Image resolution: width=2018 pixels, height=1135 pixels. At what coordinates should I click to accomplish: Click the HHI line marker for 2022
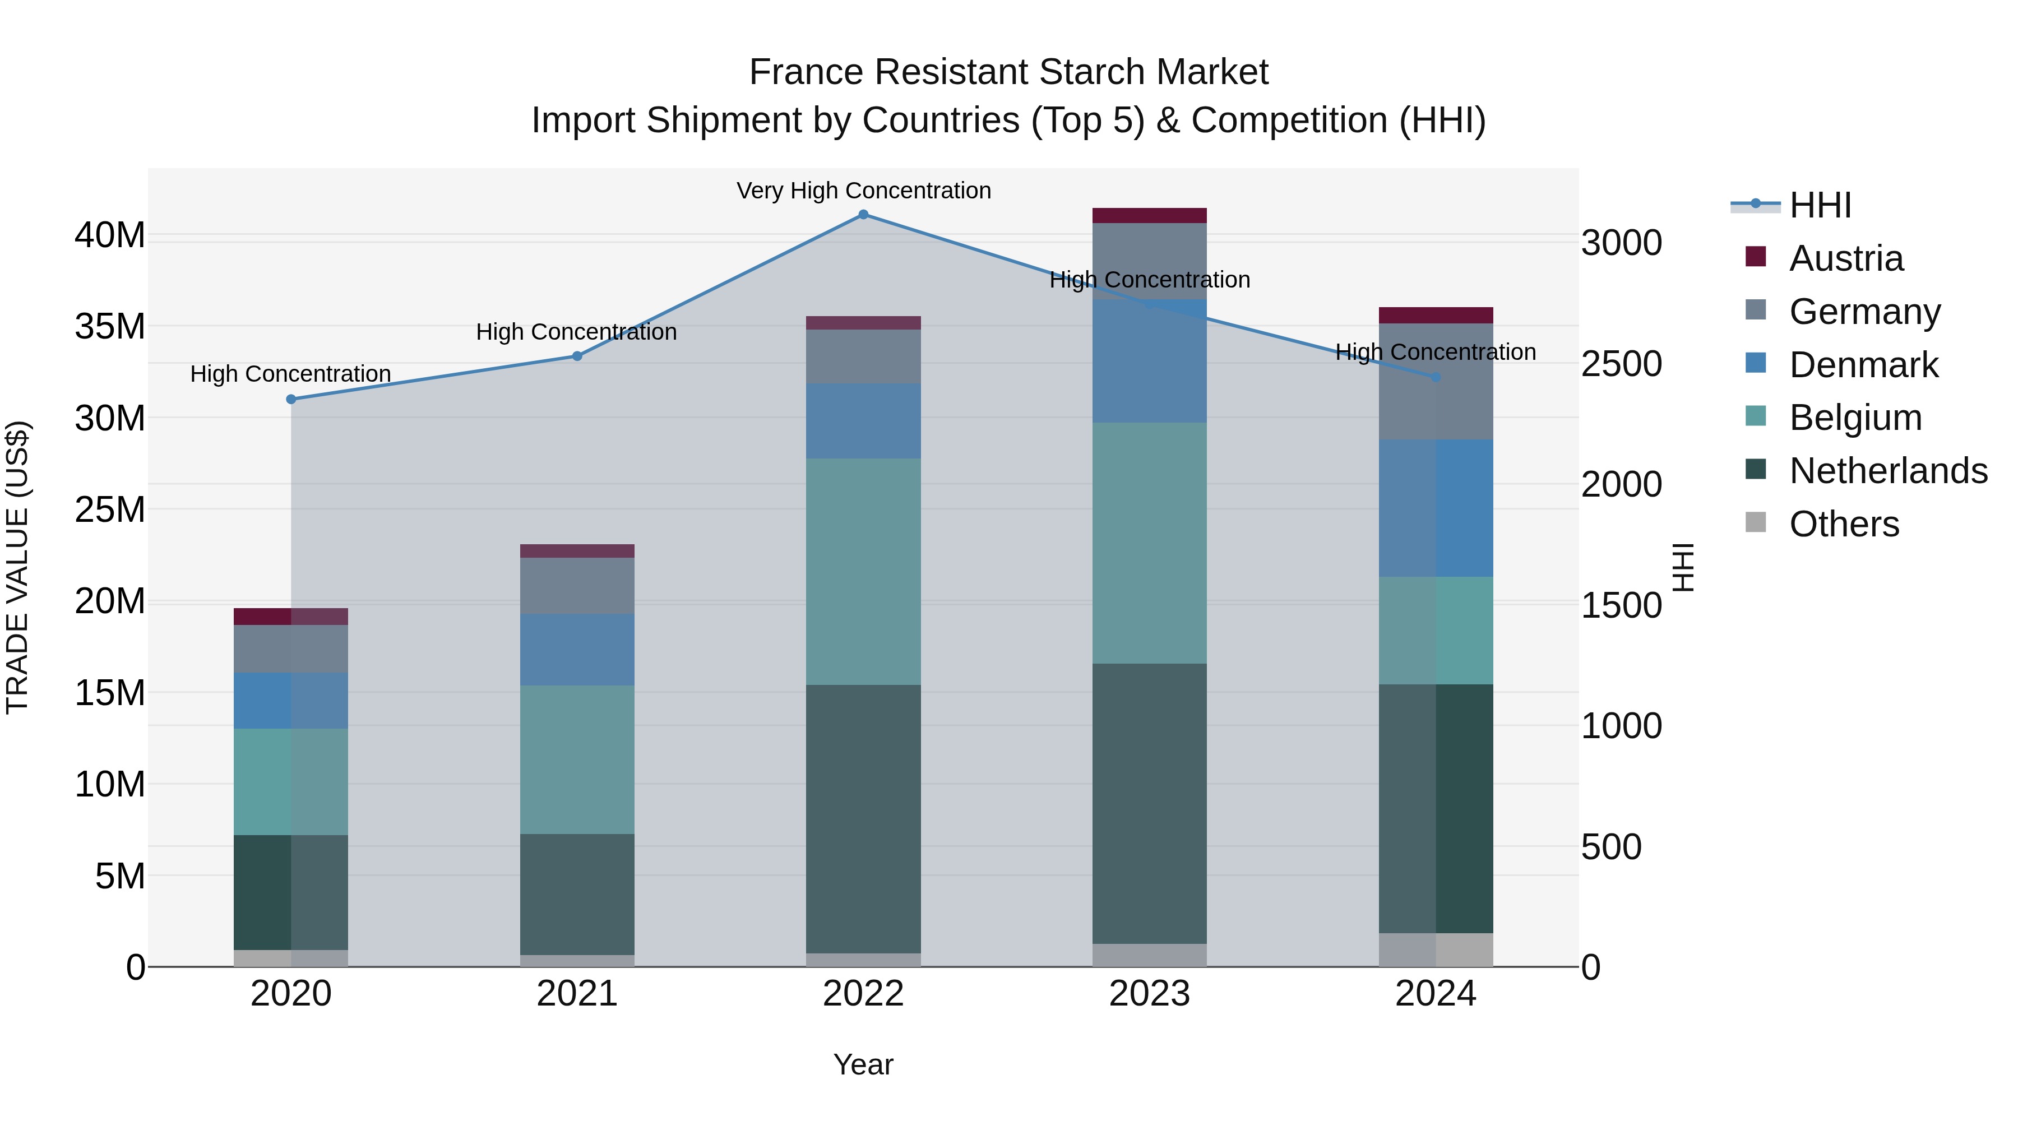coord(863,215)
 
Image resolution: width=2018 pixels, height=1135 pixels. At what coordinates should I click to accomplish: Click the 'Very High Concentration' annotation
coord(863,191)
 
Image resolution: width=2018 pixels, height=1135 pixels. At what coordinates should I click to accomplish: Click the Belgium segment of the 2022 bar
coord(863,572)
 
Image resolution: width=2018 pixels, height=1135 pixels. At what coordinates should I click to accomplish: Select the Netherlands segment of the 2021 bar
coord(577,895)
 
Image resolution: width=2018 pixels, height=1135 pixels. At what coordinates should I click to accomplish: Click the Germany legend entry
coord(1864,312)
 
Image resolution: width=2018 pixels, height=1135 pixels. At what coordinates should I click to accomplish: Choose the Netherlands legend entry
coord(1888,471)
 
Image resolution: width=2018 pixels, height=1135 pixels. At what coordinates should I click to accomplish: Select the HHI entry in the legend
coord(1820,205)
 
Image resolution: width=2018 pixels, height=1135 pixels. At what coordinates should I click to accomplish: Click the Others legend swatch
coord(1756,522)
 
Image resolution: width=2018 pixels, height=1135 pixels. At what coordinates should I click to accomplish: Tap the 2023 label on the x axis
coord(1149,994)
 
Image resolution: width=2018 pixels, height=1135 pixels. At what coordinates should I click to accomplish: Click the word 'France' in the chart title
coord(807,72)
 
